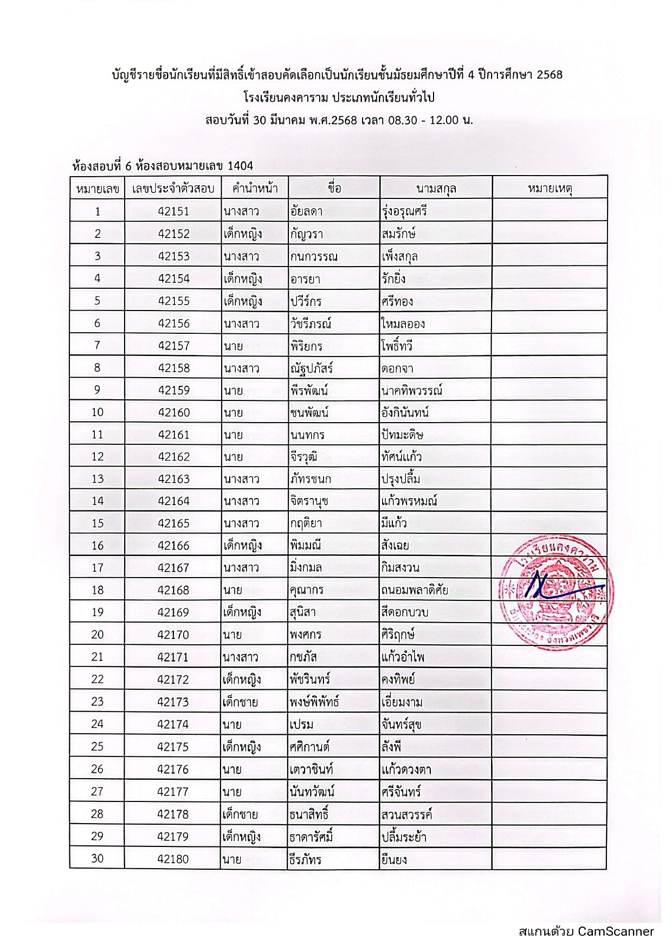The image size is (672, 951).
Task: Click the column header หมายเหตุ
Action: (550, 189)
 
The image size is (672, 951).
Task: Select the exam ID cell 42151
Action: (173, 211)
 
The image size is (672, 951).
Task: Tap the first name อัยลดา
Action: (306, 211)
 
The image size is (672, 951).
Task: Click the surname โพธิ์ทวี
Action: (397, 346)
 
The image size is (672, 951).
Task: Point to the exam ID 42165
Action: (173, 523)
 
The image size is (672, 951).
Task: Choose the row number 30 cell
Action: (97, 858)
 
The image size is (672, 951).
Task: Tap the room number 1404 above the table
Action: (240, 165)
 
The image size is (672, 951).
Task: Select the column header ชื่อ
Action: (334, 188)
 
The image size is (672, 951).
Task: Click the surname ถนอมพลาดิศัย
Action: (415, 590)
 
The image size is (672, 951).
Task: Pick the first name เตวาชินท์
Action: (311, 769)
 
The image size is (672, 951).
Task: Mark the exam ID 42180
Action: (173, 859)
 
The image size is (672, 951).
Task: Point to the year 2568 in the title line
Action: (550, 75)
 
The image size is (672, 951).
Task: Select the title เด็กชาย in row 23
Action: (241, 702)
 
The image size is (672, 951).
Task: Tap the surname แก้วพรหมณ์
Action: (409, 501)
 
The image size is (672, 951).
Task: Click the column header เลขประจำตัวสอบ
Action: (173, 189)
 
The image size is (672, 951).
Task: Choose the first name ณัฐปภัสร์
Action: (311, 368)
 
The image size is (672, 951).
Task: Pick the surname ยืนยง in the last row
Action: (394, 859)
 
